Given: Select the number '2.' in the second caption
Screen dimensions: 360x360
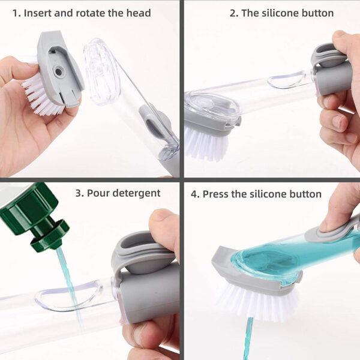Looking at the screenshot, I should pos(233,13).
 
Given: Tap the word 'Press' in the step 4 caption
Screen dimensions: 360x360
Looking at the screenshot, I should pos(216,194).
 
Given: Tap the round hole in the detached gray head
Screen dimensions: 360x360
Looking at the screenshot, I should pos(58,71).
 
